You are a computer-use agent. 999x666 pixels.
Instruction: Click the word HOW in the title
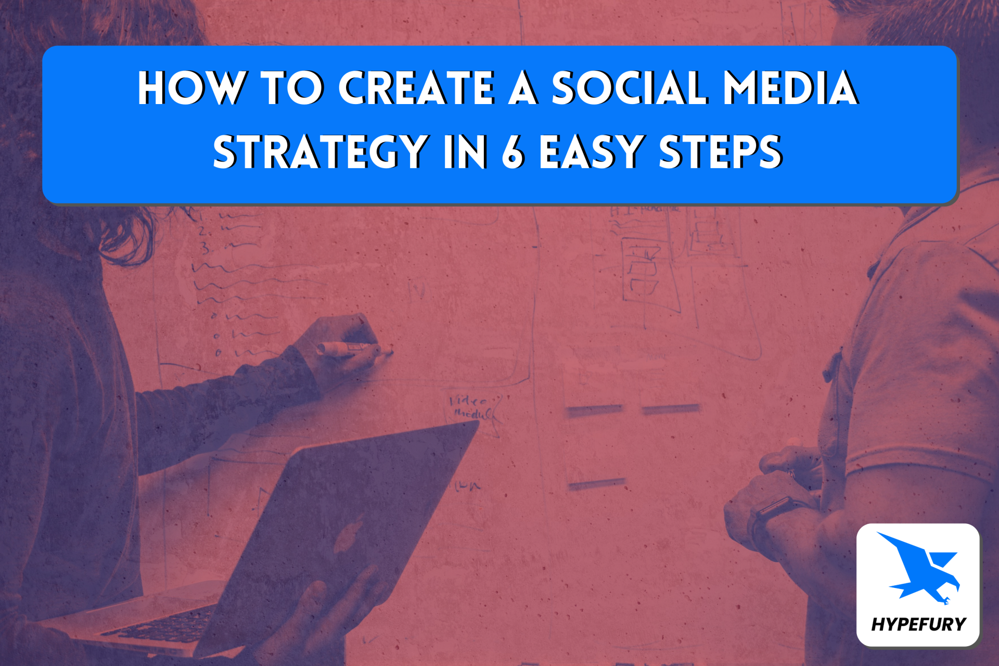191,88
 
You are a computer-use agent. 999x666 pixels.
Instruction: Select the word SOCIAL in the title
629,88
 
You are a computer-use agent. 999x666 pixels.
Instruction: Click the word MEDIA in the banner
790,88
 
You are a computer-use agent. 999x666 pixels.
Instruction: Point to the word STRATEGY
321,151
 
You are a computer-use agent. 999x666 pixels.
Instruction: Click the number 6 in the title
513,151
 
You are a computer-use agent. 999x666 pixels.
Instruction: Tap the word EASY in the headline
592,151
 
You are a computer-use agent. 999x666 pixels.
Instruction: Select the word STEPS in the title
721,151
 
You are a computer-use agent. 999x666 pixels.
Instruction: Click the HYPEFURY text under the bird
918,624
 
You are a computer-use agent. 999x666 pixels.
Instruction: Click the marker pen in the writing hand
354,350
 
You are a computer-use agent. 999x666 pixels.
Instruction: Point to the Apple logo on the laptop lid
348,536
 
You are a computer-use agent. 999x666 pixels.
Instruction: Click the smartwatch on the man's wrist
770,515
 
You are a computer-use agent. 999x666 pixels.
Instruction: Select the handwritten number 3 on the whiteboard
206,248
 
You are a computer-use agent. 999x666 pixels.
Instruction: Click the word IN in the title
465,151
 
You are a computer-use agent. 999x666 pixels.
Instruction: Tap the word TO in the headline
292,88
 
